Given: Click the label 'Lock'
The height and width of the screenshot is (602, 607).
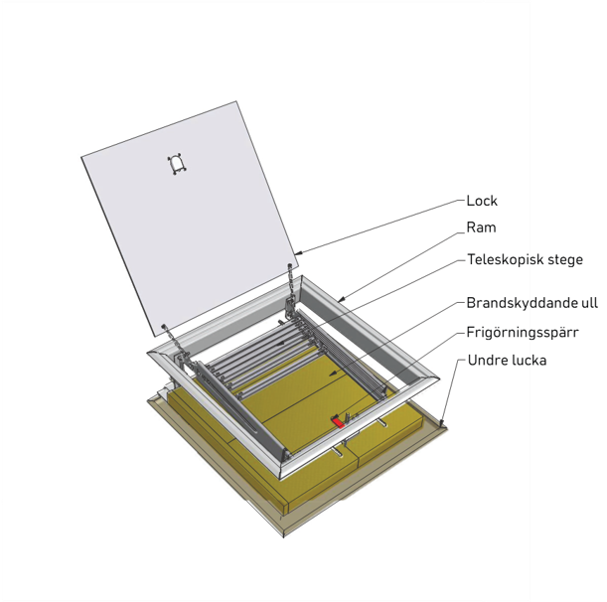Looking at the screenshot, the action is (482, 201).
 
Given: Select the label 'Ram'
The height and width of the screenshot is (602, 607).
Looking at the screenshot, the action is (481, 227).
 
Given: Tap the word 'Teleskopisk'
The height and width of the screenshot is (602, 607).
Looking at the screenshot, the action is (501, 259).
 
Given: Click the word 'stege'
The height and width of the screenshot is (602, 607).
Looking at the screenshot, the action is (560, 260).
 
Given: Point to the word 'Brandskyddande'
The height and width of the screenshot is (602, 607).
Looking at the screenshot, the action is (518, 303).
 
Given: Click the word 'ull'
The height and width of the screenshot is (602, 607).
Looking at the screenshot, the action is (584, 303).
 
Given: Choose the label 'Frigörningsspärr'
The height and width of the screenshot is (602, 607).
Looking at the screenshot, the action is (523, 333).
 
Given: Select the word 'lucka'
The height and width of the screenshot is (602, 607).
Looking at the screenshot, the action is (528, 361).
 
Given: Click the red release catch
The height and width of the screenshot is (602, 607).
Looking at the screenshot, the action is (338, 421).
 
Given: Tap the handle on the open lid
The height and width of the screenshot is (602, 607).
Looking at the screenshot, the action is (177, 164).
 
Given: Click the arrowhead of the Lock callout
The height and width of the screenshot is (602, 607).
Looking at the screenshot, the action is (297, 253).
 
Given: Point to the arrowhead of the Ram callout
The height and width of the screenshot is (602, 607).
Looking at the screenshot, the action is (340, 299).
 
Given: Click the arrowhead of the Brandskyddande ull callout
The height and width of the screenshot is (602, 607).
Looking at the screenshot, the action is (332, 374).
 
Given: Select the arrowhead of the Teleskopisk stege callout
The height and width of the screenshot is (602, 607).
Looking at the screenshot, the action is (281, 343).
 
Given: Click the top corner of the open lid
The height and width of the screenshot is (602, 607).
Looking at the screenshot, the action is (236, 101).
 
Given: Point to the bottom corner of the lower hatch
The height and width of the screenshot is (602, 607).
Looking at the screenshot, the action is (284, 537).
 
